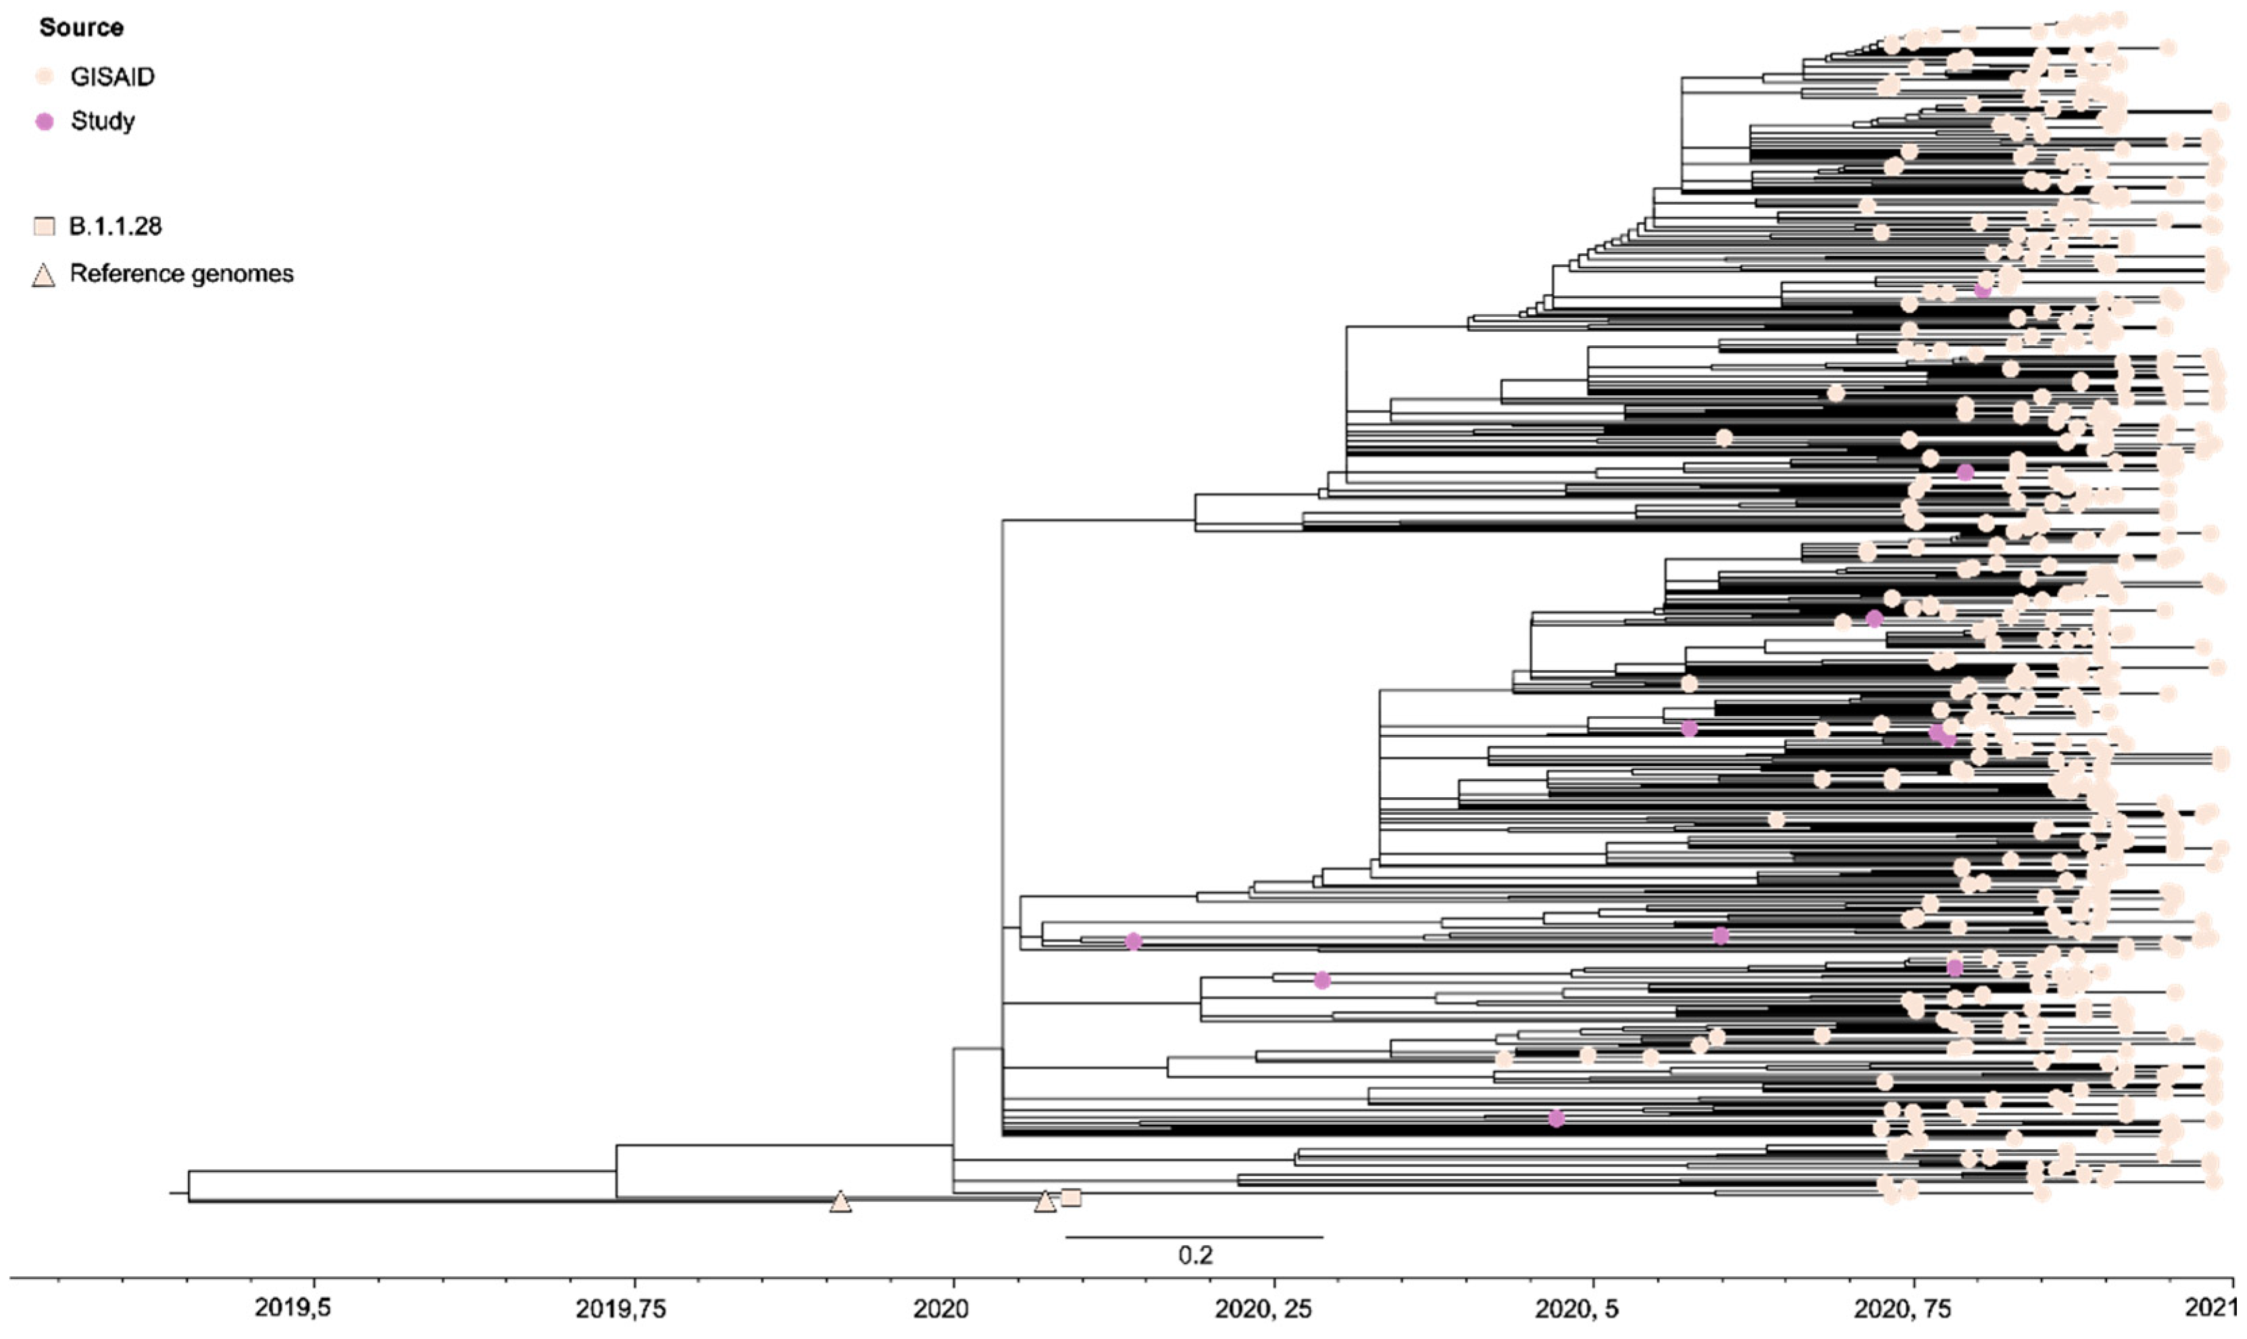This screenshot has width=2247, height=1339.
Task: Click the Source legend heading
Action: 81,28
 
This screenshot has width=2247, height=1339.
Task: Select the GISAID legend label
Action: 113,77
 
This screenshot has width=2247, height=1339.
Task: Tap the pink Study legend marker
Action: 44,121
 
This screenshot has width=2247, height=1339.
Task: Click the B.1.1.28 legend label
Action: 116,226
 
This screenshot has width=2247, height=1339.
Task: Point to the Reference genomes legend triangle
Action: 43,275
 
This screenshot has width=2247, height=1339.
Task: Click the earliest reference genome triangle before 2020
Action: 840,1203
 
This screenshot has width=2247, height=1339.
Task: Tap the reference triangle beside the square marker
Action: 1044,1203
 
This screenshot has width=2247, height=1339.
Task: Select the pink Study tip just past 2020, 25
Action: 1321,981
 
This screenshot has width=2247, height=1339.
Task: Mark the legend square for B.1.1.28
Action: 44,226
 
